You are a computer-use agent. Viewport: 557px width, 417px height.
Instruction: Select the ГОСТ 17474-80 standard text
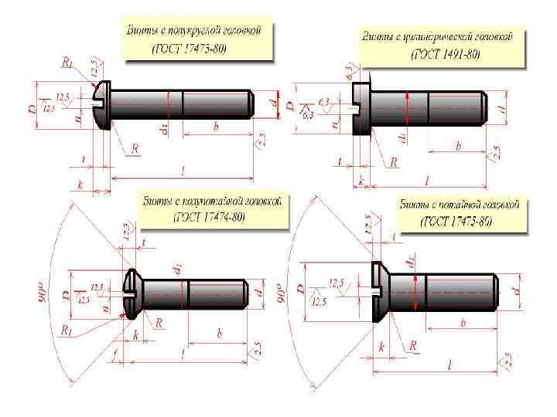pyautogui.click(x=209, y=217)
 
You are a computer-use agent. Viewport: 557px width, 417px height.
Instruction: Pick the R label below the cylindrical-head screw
pyautogui.click(x=393, y=162)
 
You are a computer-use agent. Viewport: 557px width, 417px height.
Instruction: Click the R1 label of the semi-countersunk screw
pyautogui.click(x=67, y=330)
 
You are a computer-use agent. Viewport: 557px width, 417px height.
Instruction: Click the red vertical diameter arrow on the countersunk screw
pyautogui.click(x=417, y=291)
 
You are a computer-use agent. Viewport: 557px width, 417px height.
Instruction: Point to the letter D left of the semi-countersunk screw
pyautogui.click(x=68, y=293)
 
